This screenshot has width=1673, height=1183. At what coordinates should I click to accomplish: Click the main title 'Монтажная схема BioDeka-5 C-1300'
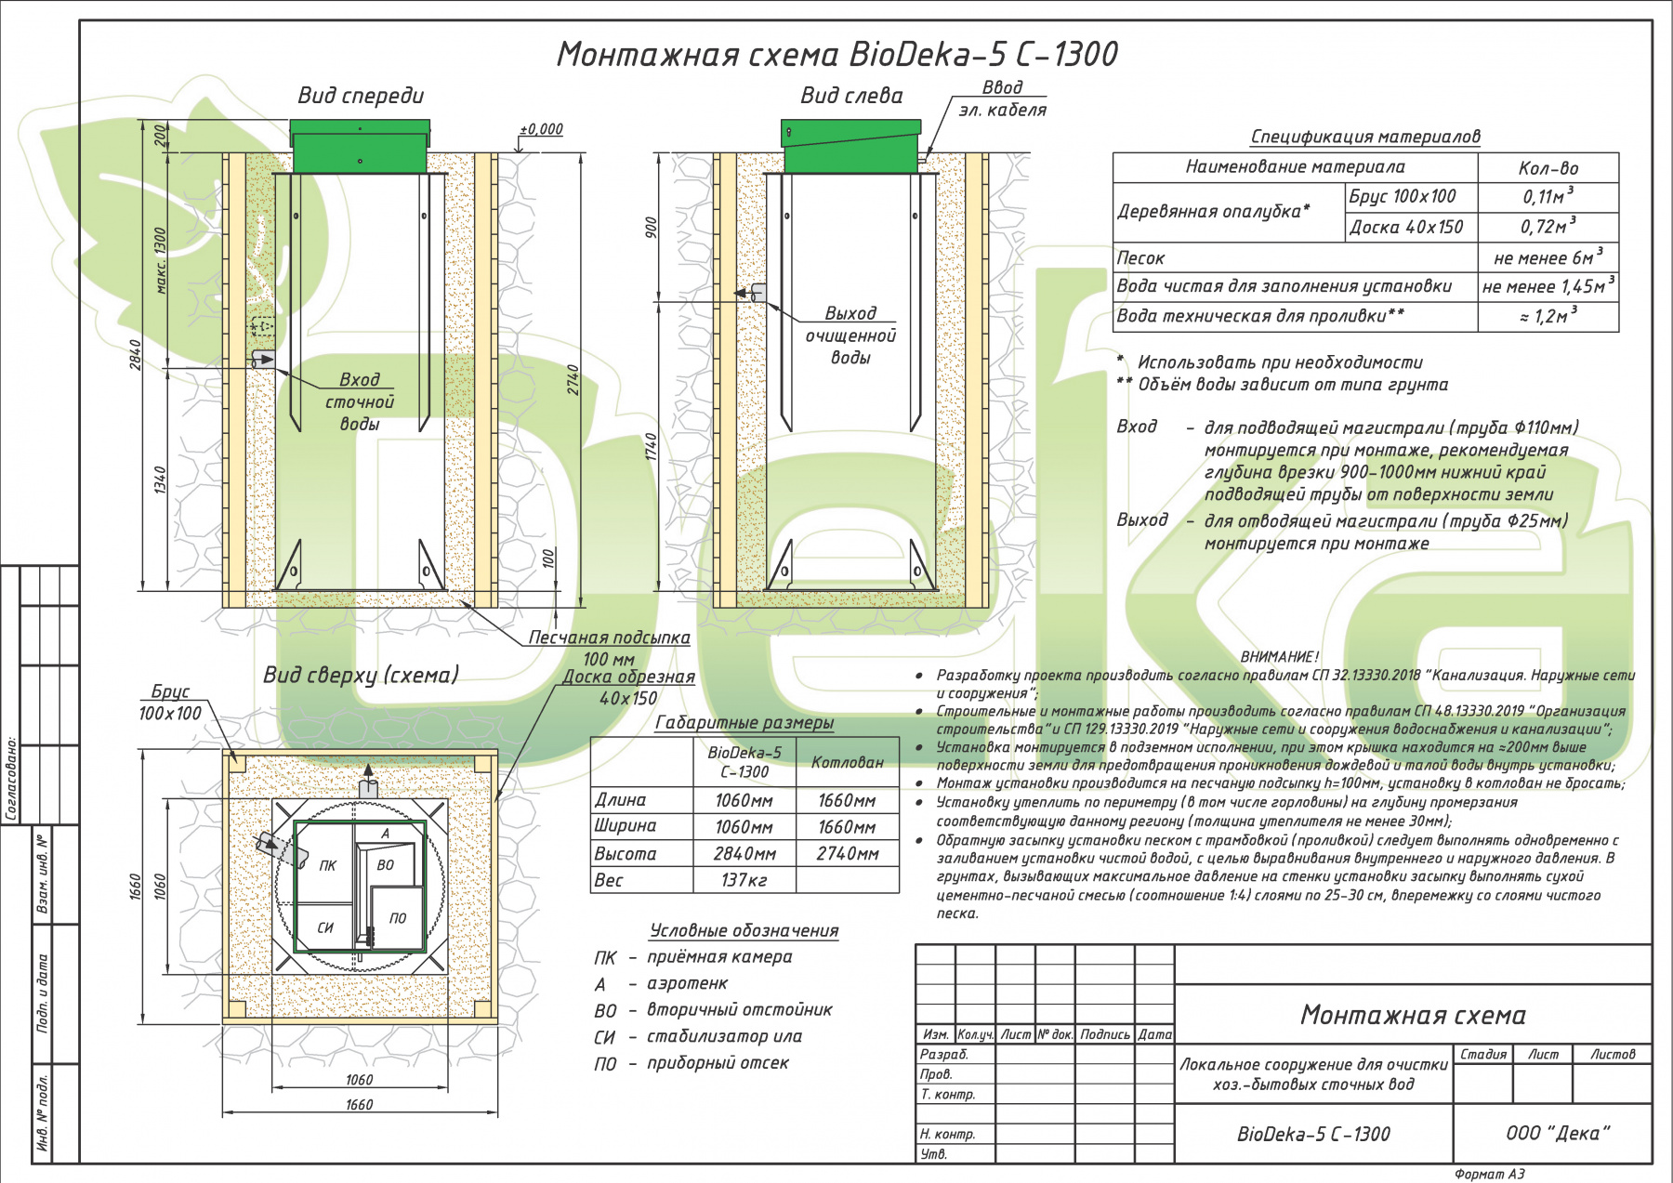(x=836, y=54)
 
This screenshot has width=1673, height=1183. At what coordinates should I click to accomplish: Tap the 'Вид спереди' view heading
(x=361, y=95)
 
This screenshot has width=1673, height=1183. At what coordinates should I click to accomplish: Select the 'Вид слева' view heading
(x=851, y=95)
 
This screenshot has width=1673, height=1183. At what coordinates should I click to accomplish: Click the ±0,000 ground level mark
(x=541, y=129)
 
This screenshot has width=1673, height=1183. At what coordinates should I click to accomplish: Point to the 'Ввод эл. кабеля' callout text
(x=1002, y=99)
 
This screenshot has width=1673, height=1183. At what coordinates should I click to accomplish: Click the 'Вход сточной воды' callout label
(x=360, y=401)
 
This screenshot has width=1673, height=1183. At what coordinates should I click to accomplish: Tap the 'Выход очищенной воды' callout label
(x=850, y=335)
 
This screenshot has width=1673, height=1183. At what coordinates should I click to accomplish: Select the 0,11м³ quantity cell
(x=1548, y=195)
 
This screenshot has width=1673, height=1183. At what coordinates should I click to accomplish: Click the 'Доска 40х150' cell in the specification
(x=1406, y=227)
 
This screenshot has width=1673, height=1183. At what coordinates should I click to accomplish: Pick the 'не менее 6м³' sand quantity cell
(x=1548, y=256)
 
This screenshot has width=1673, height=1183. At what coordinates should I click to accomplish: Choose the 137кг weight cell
(x=744, y=880)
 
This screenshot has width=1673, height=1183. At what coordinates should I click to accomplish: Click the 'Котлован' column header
(x=848, y=762)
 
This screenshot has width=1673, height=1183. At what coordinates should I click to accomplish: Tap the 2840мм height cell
(x=744, y=853)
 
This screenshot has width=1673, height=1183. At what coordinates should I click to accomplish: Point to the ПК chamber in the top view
(x=328, y=865)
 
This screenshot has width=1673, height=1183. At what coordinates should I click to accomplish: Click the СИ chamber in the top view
(x=325, y=927)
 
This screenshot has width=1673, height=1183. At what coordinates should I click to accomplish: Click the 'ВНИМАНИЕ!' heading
(x=1279, y=656)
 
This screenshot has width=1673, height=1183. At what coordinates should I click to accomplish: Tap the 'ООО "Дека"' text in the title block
(x=1558, y=1133)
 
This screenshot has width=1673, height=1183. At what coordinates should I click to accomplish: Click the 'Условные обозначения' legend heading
(x=744, y=930)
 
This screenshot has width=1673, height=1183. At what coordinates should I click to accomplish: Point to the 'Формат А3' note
(x=1489, y=1174)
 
